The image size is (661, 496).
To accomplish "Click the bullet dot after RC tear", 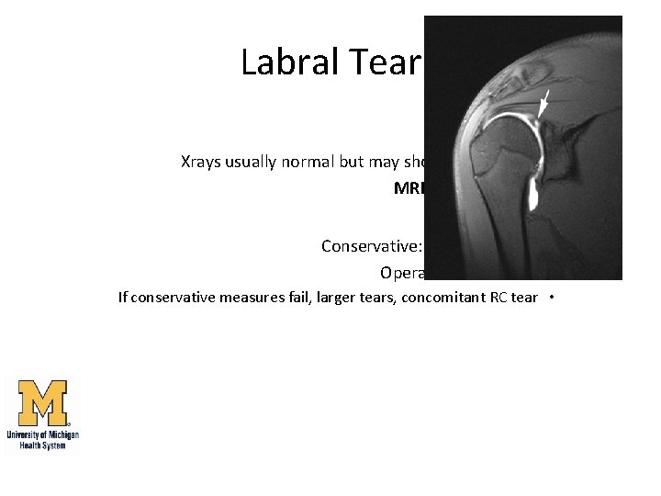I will (549, 297).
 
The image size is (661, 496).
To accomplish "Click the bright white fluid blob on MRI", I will (532, 193).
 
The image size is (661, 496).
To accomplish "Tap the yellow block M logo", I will (42, 404).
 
